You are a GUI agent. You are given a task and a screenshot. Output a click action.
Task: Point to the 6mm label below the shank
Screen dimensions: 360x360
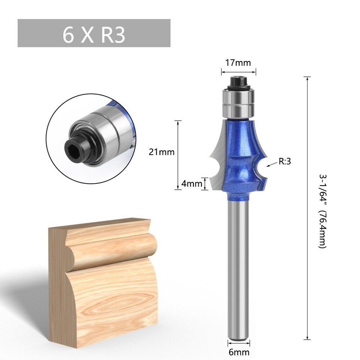239,352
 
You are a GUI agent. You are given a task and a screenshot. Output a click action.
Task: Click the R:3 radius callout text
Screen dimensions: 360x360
285,162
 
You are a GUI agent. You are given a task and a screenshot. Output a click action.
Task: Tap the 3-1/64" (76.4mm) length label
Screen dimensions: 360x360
322,210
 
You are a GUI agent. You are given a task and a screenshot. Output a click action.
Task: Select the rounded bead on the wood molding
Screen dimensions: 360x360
112,247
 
